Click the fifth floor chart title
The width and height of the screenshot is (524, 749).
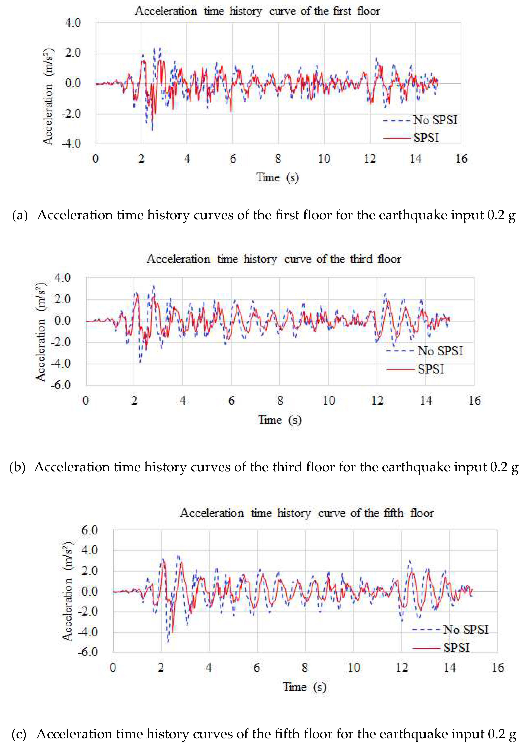point(307,513)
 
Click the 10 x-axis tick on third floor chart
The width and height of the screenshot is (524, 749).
point(328,401)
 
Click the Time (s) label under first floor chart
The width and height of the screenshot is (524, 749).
point(277,177)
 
